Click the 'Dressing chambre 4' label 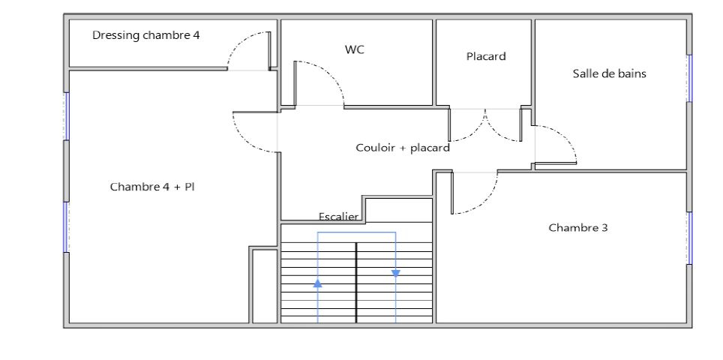[x=145, y=34]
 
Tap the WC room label [x=354, y=49]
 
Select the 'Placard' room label [x=486, y=56]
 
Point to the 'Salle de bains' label [x=609, y=73]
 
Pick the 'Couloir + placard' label [x=402, y=148]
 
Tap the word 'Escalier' [x=338, y=217]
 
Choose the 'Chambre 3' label [x=577, y=227]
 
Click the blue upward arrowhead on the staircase [x=317, y=283]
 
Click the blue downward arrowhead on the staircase [x=395, y=273]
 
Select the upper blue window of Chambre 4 [x=67, y=116]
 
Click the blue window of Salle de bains [x=689, y=77]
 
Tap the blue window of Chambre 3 [x=689, y=238]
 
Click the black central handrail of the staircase [x=356, y=281]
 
